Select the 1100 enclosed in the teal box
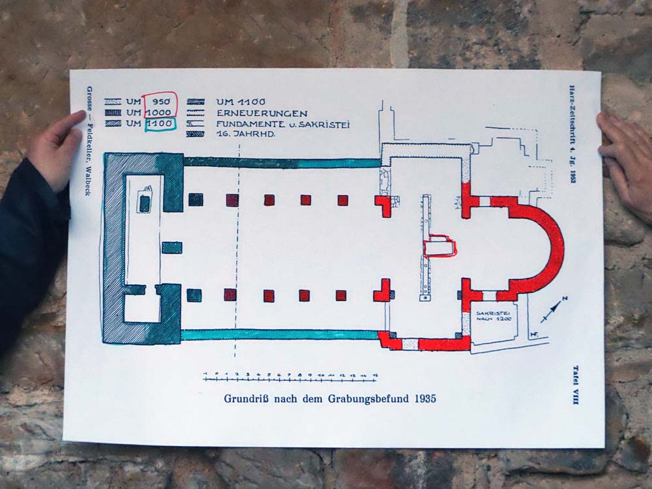pyautogui.click(x=160, y=123)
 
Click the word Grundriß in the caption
pyautogui.click(x=246, y=398)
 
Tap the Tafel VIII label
pyautogui.click(x=574, y=385)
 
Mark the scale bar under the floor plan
pyautogui.click(x=291, y=378)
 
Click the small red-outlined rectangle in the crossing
pyautogui.click(x=439, y=247)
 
